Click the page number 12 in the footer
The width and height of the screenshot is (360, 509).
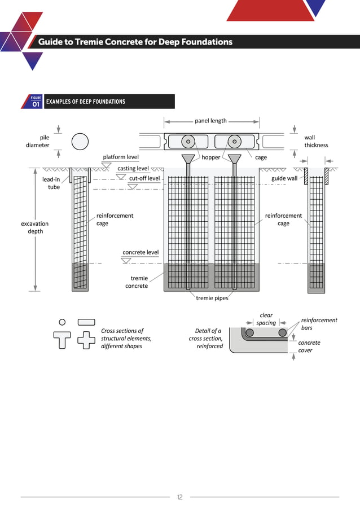(x=179, y=497)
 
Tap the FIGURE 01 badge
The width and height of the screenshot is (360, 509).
(x=36, y=102)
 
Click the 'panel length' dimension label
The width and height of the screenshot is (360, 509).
(x=210, y=121)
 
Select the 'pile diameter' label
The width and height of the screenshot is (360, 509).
(x=38, y=141)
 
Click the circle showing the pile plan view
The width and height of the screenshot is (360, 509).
(x=80, y=141)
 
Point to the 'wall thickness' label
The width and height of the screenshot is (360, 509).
(x=315, y=141)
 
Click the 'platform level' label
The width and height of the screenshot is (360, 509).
(x=121, y=157)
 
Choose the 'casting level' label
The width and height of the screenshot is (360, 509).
(x=133, y=168)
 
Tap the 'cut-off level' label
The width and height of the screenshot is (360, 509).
(x=144, y=178)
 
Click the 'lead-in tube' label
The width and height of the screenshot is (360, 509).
(x=51, y=183)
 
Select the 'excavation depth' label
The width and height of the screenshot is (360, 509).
(x=35, y=227)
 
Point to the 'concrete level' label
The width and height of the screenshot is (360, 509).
(x=141, y=252)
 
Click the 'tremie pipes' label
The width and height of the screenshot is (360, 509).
(x=212, y=298)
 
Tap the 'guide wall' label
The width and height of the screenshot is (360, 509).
(x=284, y=178)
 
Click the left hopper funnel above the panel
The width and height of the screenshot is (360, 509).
(x=188, y=159)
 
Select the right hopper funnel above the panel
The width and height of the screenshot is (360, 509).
(x=234, y=159)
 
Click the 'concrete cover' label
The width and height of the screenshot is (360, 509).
(x=309, y=346)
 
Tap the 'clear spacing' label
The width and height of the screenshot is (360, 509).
(x=266, y=319)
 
